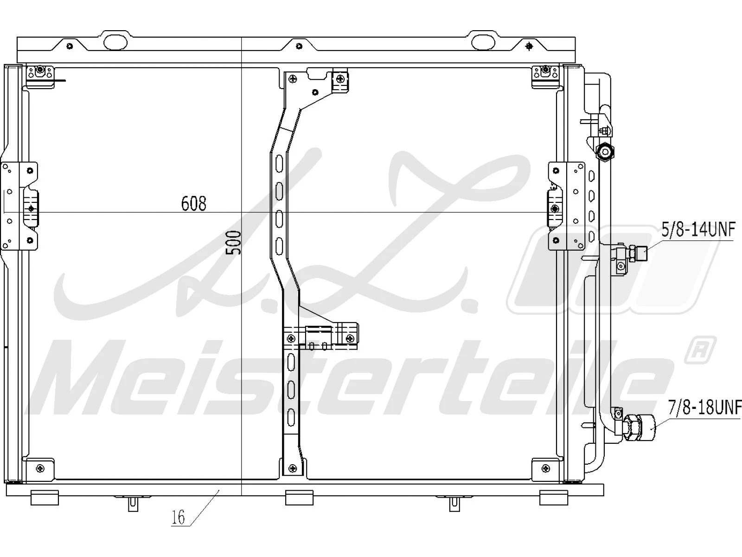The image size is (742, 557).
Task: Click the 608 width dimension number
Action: tap(193, 203)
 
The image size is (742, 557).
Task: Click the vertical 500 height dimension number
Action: tap(235, 242)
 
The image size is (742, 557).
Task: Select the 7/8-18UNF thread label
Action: tap(704, 408)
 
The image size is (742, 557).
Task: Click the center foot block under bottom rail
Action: tap(299, 497)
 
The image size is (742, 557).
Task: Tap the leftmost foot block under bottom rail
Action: tap(45, 497)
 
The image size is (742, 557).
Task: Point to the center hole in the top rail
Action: tap(299, 46)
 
